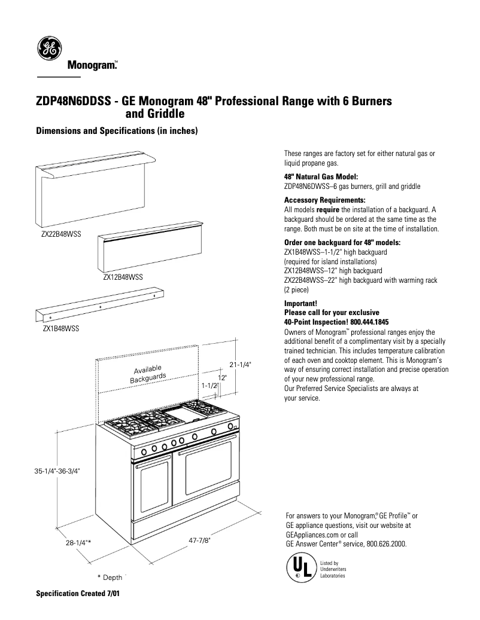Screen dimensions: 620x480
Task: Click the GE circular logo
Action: click(x=49, y=48)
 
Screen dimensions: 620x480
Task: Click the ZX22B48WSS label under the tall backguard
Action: click(x=60, y=236)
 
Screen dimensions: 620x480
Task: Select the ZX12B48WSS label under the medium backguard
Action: click(x=123, y=277)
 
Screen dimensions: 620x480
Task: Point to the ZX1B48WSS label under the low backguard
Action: click(x=60, y=329)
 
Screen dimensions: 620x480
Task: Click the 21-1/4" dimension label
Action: click(x=241, y=364)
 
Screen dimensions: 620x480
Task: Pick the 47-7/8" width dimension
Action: click(x=199, y=540)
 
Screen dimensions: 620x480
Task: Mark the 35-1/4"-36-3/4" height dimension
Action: click(x=57, y=471)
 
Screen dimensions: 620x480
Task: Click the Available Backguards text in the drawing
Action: click(x=148, y=374)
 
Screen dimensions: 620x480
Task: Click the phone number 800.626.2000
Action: click(x=387, y=544)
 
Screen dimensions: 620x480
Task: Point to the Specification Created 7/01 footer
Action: click(x=78, y=595)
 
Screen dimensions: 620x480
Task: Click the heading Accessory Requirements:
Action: click(x=324, y=200)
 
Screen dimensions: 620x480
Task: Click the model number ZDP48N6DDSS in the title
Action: click(x=73, y=102)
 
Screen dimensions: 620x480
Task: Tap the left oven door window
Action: click(x=154, y=485)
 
